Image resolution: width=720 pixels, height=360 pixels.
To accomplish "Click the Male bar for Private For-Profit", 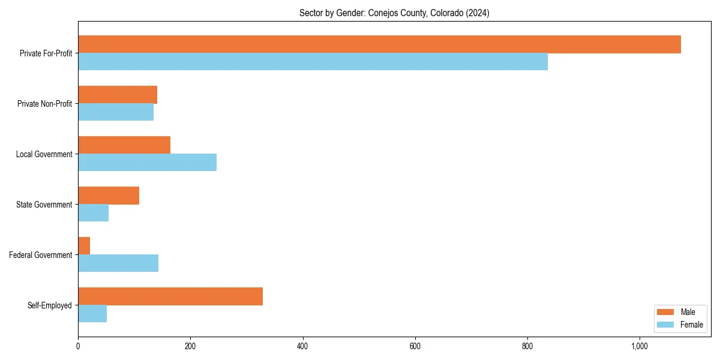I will click(379, 44).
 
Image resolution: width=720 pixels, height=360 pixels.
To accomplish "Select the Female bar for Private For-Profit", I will click(313, 62).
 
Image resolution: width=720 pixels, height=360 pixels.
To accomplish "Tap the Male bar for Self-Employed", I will click(170, 296).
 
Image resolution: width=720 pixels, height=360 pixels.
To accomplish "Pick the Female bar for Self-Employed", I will click(92, 314).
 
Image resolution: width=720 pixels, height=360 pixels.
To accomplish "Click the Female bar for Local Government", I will click(147, 163).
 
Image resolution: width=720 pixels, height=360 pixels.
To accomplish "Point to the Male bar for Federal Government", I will click(84, 246).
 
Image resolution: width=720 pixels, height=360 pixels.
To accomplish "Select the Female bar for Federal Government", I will click(118, 263).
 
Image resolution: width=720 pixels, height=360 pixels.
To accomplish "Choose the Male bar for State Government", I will click(109, 196).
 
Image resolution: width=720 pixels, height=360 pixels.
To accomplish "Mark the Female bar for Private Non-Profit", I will click(116, 112).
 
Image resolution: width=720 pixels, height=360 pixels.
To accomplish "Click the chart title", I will click(394, 13).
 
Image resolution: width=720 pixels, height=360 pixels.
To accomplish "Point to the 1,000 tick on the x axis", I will click(640, 346).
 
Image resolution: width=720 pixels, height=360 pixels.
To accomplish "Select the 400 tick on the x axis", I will click(302, 346).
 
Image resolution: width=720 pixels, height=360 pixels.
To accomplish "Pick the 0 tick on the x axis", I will click(78, 346).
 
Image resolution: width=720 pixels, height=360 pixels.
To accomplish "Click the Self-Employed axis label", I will click(50, 305).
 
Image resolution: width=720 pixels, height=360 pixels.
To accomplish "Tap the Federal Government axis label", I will click(41, 255).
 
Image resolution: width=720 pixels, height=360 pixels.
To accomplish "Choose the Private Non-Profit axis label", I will click(44, 104).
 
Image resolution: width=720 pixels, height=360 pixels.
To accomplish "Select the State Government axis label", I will click(44, 205).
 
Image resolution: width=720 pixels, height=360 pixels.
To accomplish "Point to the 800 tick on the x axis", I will click(527, 346).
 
